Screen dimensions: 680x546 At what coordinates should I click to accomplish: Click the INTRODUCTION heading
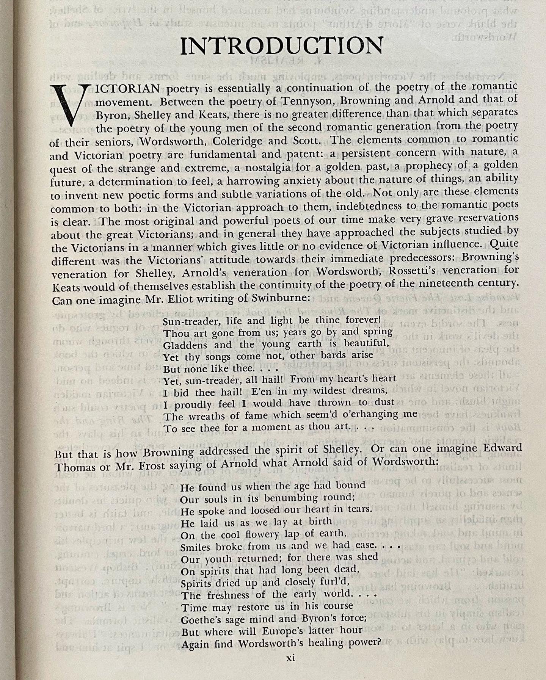[282, 46]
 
